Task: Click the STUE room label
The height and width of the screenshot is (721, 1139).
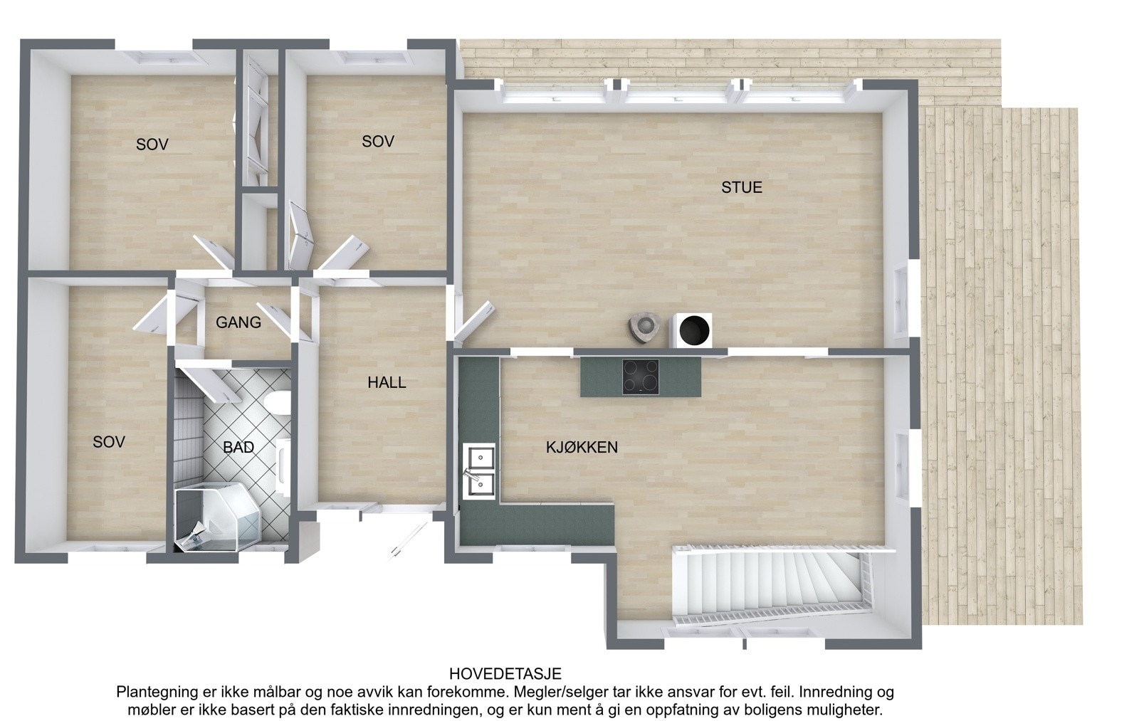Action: [741, 187]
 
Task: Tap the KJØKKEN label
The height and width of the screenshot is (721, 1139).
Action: [582, 448]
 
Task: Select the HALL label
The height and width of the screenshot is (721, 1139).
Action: [387, 382]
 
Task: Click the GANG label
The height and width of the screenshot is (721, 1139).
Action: [238, 322]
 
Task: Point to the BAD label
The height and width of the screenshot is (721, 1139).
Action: [238, 448]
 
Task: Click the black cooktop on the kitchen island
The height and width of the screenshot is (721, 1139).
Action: [640, 377]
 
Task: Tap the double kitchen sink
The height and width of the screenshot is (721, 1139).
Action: [480, 469]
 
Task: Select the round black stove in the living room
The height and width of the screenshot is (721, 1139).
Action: [695, 330]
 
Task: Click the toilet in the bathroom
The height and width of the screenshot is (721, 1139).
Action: [277, 404]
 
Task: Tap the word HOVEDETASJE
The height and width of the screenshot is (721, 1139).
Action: [505, 673]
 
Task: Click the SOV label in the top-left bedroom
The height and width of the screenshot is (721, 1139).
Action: [152, 144]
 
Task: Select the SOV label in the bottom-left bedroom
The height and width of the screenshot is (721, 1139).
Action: [109, 442]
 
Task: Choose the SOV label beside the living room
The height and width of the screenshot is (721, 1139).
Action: [377, 142]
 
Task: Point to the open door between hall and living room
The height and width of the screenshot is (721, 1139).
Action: [471, 323]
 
